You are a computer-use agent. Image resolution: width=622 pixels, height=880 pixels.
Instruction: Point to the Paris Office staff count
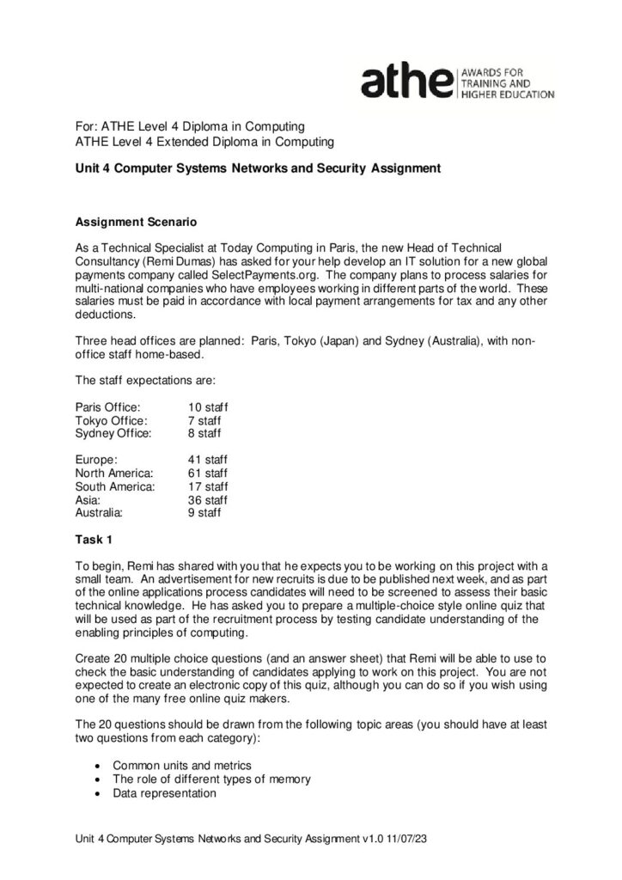coord(208,406)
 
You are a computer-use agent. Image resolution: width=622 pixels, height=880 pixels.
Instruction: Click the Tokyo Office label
coord(111,420)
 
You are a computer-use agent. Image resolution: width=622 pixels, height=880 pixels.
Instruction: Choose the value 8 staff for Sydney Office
coord(204,434)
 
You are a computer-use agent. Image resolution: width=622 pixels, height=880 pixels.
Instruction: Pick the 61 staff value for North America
coord(208,473)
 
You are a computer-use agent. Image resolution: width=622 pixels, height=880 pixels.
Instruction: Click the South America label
coord(115,486)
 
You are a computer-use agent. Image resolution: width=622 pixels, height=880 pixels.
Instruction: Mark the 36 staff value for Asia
coord(208,499)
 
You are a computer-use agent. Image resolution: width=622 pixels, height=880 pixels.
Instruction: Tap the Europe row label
coord(96,460)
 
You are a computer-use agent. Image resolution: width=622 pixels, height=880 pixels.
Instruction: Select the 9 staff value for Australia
coord(204,512)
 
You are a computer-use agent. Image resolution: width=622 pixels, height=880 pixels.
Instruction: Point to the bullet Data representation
coord(165,793)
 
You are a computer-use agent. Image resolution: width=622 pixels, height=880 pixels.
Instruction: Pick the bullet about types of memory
coord(211,779)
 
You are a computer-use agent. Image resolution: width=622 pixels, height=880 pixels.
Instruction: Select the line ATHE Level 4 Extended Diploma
coord(204,141)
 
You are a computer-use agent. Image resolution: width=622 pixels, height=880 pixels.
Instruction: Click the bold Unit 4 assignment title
coord(258,168)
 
